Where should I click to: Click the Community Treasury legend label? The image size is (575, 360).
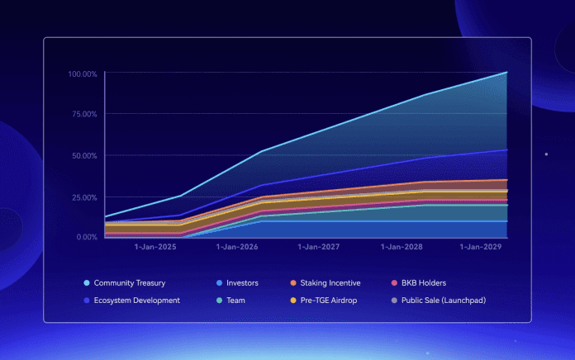[x=129, y=283]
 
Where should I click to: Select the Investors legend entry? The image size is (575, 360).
[x=242, y=283]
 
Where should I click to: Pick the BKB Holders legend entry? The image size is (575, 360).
[x=425, y=283]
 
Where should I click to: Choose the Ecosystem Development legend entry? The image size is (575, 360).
[x=136, y=301]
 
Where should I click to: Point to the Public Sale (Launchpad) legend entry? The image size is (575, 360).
[x=442, y=301]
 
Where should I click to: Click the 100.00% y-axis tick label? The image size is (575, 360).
[x=83, y=74]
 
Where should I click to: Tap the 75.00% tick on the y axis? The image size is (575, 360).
[x=84, y=114]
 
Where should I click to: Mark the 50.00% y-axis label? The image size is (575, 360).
[x=84, y=155]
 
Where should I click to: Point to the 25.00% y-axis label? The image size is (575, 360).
[x=84, y=197]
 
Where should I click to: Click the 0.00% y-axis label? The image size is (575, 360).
[x=87, y=237]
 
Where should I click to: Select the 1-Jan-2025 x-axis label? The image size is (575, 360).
[x=154, y=247]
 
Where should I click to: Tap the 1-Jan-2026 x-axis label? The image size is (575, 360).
[x=236, y=247]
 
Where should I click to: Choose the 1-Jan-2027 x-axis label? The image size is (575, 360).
[x=318, y=247]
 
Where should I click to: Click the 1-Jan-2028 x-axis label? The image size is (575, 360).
[x=401, y=247]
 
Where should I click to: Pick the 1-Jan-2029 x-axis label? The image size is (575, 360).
[x=481, y=247]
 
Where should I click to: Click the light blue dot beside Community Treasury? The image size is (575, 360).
[x=87, y=283]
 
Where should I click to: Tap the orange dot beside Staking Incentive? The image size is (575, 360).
[x=293, y=283]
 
